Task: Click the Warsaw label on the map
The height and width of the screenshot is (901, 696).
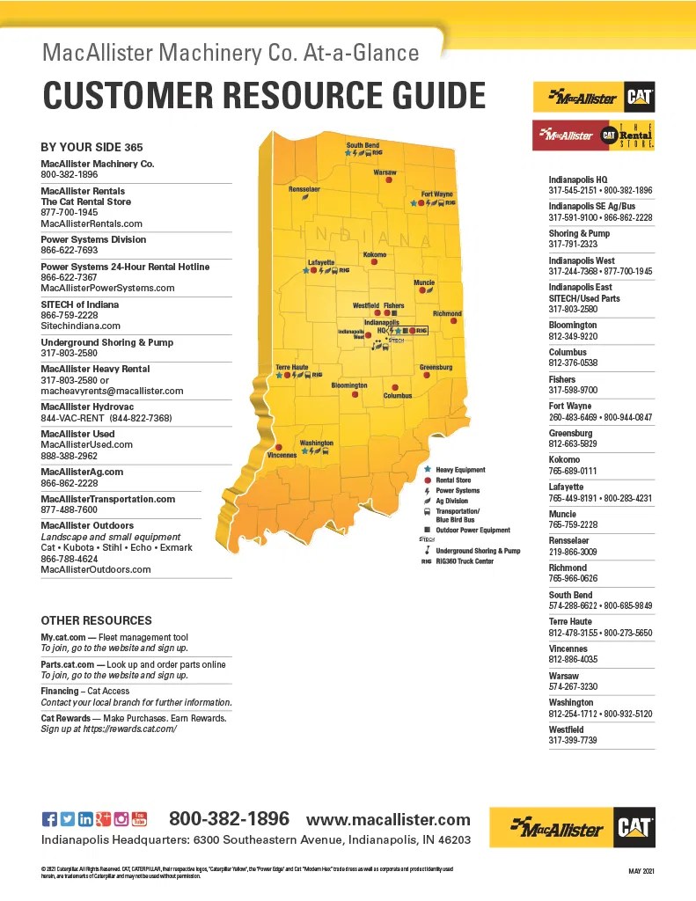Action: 385,172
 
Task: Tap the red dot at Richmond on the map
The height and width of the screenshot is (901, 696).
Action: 454,322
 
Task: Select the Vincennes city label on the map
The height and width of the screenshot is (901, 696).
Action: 282,456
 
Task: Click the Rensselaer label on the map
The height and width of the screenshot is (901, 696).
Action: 304,189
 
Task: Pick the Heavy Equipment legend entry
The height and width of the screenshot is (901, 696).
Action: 460,470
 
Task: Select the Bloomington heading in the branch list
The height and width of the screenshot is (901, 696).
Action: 573,326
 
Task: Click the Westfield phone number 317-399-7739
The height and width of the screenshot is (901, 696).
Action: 573,740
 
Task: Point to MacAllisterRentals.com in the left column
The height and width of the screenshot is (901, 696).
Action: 92,223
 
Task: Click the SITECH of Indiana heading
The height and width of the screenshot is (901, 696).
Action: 80,304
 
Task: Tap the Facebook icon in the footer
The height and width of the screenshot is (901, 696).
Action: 49,819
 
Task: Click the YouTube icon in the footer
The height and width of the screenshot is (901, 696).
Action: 139,819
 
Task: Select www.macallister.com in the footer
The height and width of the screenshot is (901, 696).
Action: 388,819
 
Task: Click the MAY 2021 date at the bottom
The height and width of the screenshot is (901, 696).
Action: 641,871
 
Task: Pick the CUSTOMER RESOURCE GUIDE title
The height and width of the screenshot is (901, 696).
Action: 263,95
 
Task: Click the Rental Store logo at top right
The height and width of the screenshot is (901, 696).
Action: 594,136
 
